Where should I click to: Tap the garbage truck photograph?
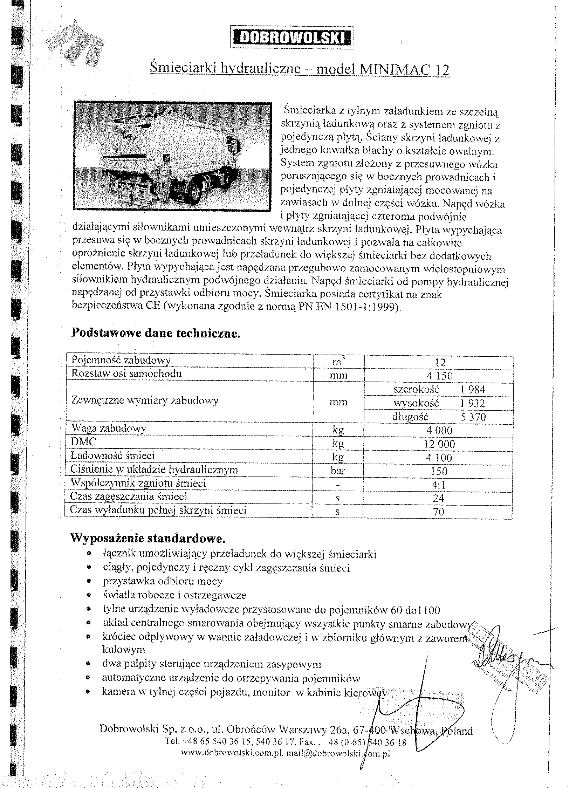tap(173, 156)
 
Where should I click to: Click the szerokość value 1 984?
tap(473, 389)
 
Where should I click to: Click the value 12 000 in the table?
tap(439, 444)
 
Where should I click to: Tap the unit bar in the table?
tap(338, 471)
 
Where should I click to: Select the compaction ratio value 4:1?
tap(438, 485)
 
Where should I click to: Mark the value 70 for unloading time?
tap(438, 512)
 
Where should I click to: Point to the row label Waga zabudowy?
tap(109, 429)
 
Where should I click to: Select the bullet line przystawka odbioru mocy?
tap(163, 581)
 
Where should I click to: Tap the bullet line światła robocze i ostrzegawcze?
tap(174, 595)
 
